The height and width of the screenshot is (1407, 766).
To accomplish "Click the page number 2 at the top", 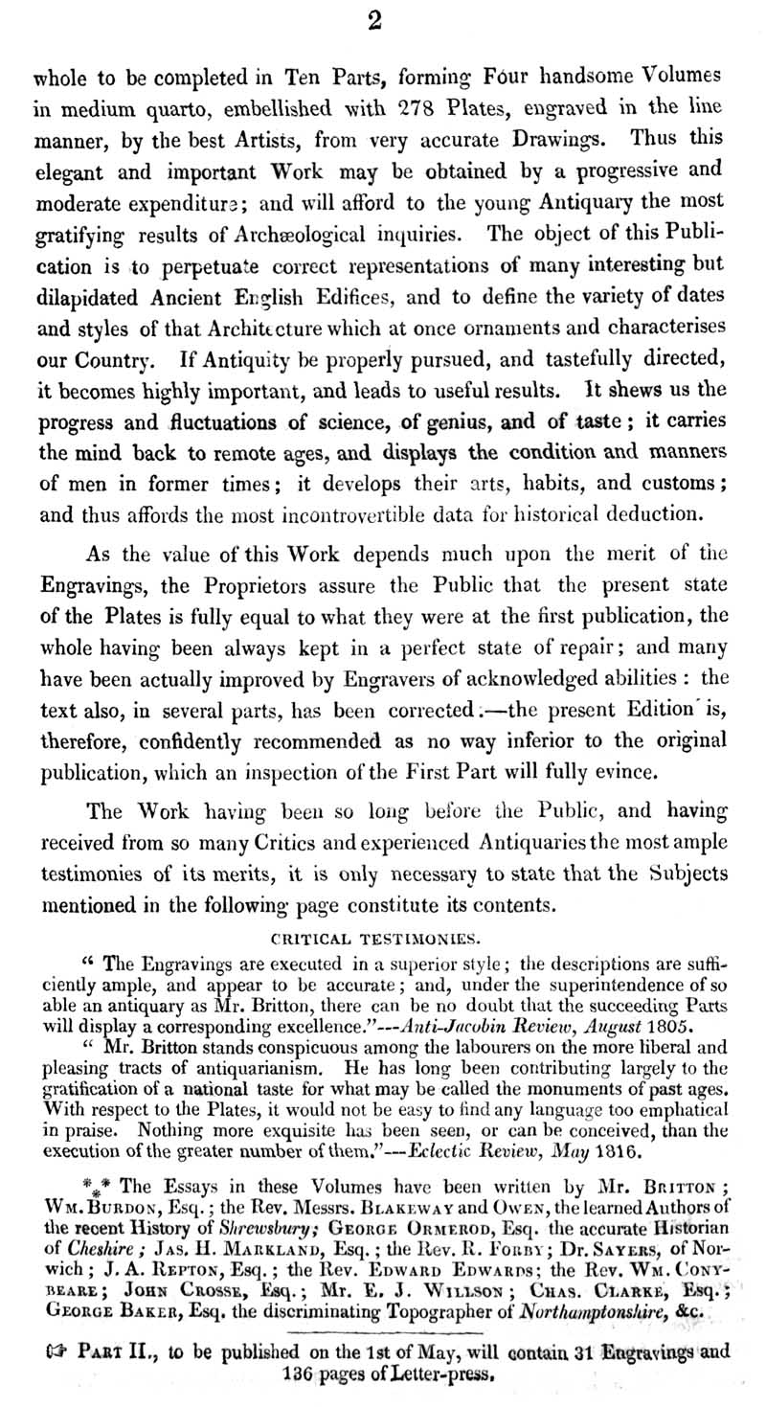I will [374, 22].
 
